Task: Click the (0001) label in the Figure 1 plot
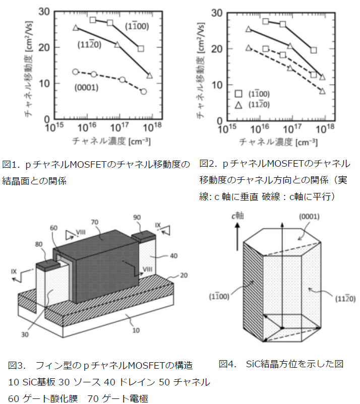[86, 88]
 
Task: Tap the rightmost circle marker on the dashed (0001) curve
[144, 92]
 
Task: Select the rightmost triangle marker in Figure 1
[150, 76]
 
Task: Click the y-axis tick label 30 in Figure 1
[44, 12]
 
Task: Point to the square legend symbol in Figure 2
[238, 94]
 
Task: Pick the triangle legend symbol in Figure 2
[238, 105]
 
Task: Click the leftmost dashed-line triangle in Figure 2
[249, 48]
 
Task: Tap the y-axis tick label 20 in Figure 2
[217, 49]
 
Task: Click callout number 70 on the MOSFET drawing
[95, 222]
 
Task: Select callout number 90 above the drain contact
[137, 217]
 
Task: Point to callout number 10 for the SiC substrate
[136, 330]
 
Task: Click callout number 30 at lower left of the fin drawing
[25, 334]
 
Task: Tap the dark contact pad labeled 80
[48, 265]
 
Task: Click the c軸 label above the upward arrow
[238, 216]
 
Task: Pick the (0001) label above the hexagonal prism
[309, 217]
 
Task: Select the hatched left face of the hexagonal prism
[253, 291]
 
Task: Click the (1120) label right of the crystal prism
[345, 299]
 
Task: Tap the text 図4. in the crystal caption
[227, 364]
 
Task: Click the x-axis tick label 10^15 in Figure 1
[54, 127]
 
